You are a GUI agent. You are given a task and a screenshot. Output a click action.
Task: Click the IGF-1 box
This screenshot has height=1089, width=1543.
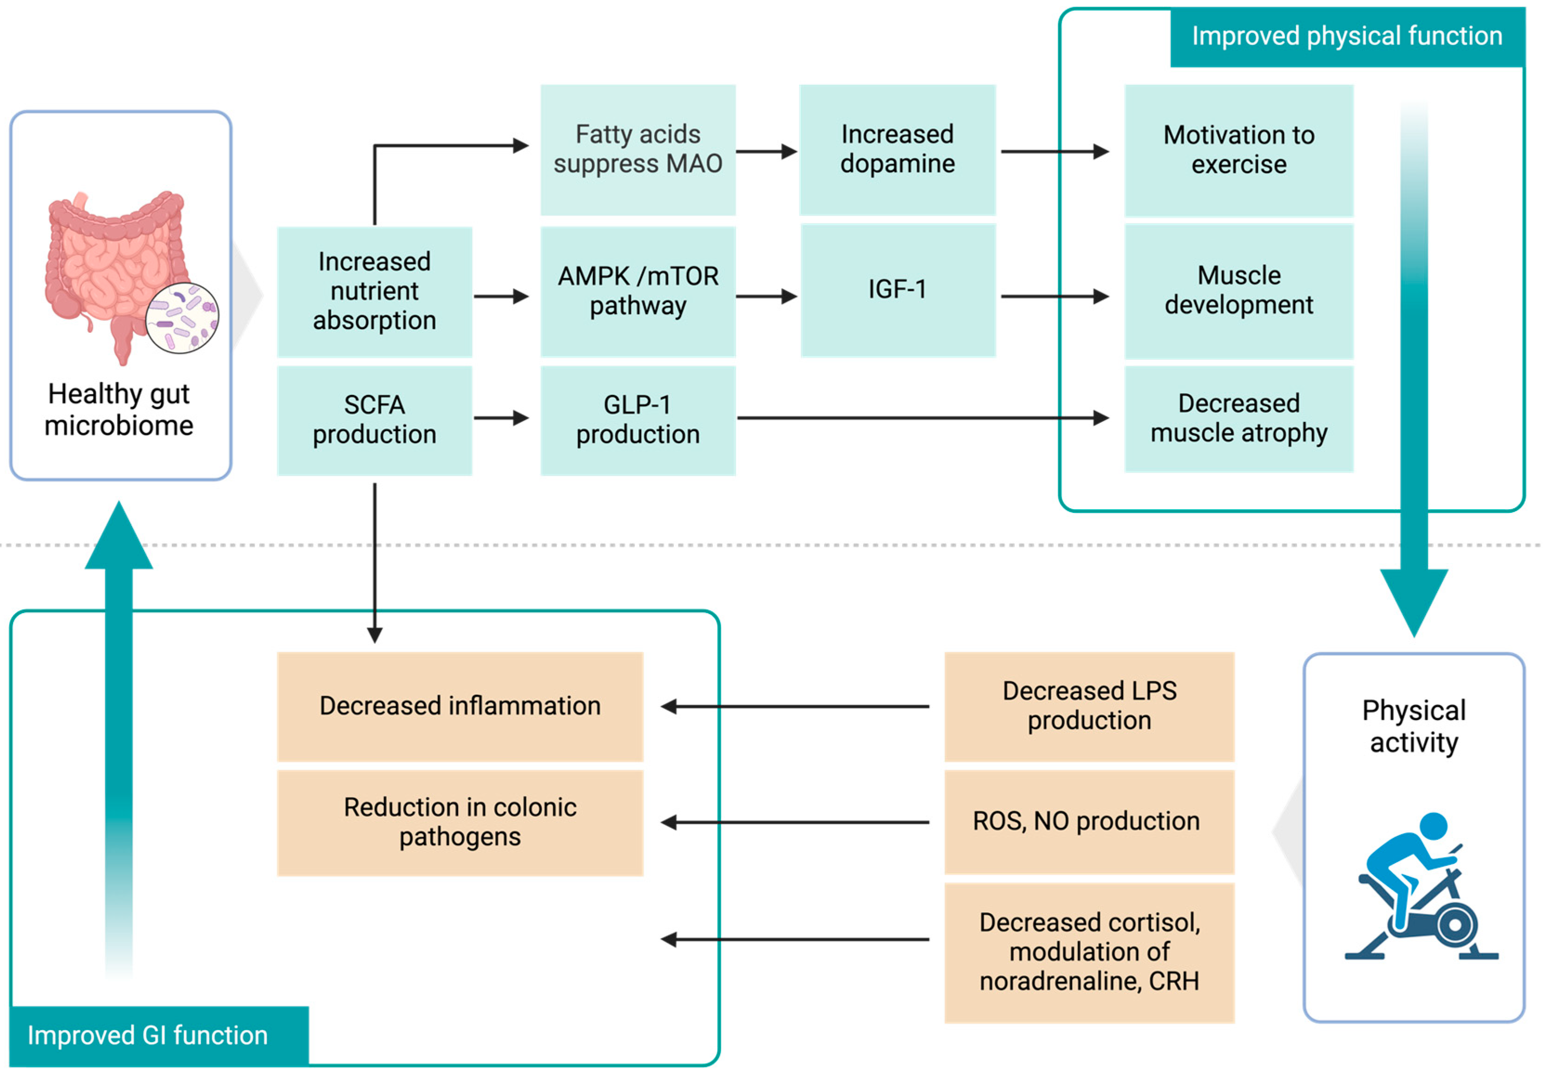[x=897, y=290]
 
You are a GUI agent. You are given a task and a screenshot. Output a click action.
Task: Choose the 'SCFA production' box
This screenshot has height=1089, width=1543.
[x=374, y=421]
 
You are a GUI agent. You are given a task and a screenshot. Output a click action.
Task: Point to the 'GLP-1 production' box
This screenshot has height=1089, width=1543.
[x=638, y=421]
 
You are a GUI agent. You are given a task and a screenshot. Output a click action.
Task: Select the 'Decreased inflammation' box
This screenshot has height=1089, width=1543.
[x=460, y=706]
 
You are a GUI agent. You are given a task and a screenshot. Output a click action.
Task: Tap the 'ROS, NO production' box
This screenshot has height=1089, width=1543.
[x=1089, y=822]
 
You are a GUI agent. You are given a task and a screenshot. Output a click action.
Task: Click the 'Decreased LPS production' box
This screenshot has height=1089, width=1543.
[x=1089, y=706]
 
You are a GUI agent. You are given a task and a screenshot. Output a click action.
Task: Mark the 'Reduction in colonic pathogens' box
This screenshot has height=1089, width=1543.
[x=460, y=822]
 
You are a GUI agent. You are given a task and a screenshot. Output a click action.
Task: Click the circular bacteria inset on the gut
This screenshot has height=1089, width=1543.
[x=182, y=318]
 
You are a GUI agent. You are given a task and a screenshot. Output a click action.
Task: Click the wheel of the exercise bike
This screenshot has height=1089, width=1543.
[x=1454, y=924]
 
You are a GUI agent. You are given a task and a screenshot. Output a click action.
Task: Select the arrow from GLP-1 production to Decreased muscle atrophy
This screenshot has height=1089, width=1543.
[x=921, y=418]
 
